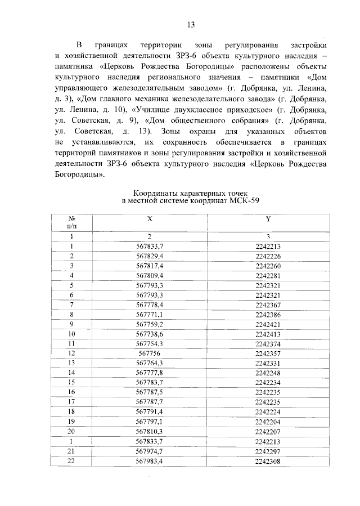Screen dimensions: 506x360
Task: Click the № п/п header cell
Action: tap(72, 221)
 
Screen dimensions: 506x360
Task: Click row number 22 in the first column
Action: tap(72, 461)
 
